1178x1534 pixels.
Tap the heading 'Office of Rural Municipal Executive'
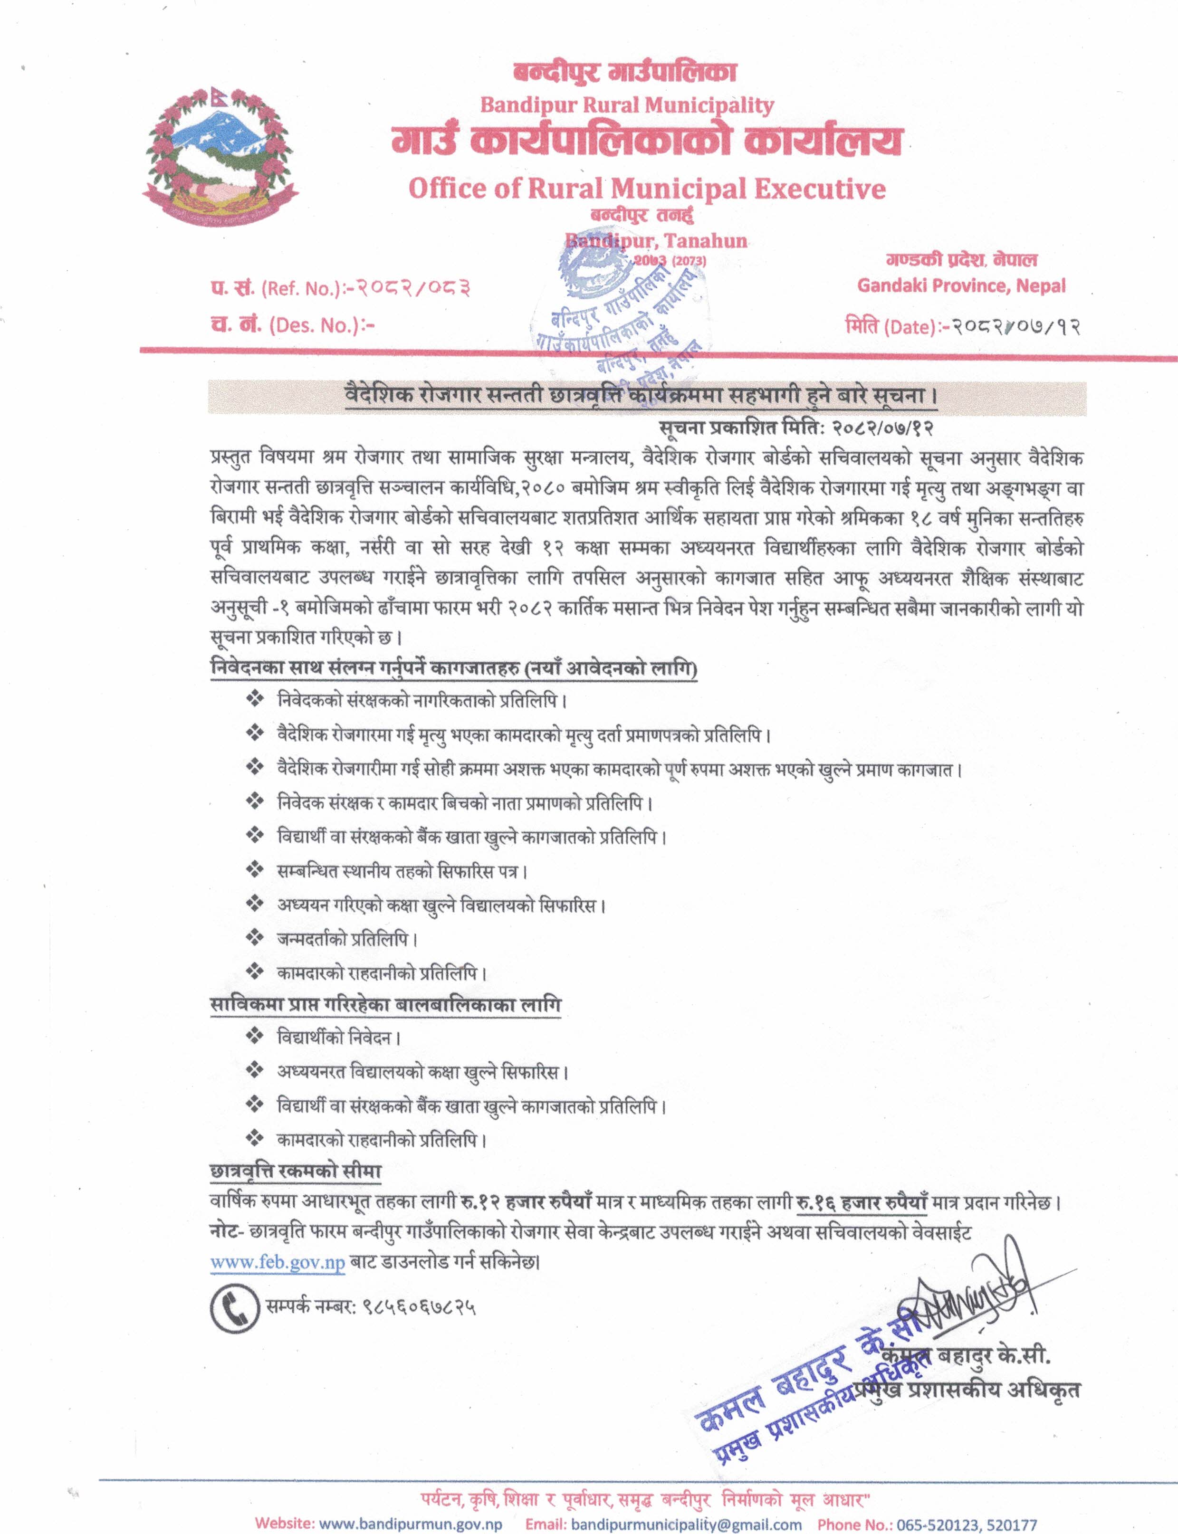646,189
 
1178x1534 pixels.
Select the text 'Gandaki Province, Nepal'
961,286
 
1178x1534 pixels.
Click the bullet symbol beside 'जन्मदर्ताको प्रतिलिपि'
254,937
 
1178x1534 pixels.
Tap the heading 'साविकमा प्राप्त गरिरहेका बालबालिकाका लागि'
386,1005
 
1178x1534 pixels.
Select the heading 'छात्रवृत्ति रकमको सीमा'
295,1172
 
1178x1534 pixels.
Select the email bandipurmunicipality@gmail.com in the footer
686,1524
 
